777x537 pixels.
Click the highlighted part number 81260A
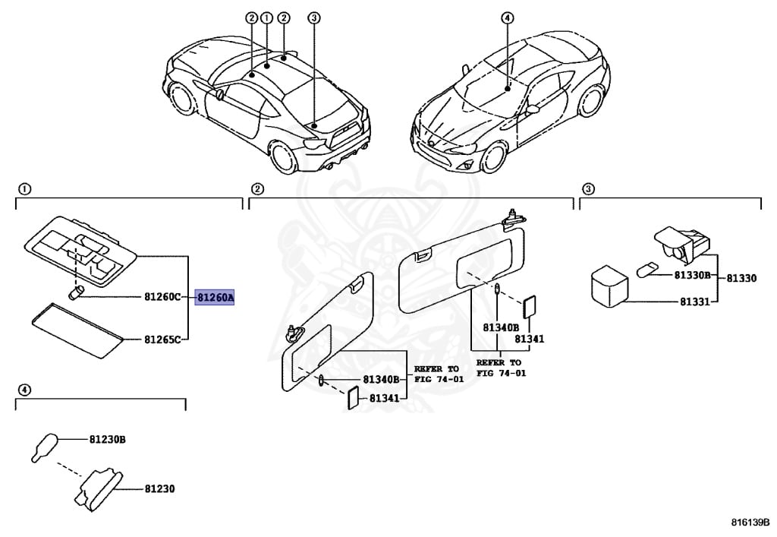[215, 298]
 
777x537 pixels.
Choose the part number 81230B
[107, 439]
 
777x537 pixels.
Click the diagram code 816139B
[750, 522]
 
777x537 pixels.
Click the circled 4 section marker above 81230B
[24, 390]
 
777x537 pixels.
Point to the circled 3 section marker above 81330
[588, 189]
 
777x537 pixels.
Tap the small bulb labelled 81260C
[75, 293]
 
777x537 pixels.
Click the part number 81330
[741, 279]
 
